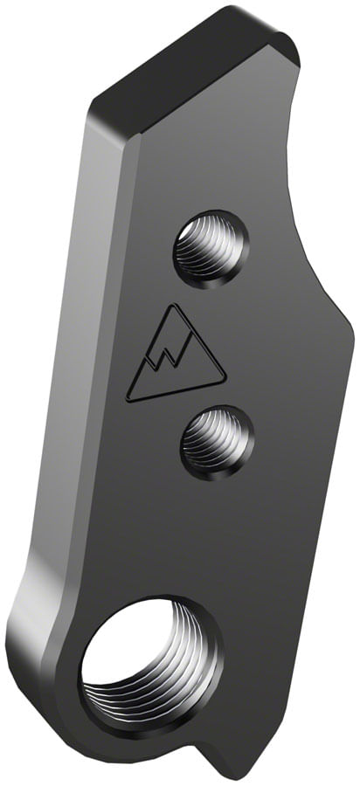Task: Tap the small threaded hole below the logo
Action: pos(218,441)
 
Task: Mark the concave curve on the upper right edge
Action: pos(301,175)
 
